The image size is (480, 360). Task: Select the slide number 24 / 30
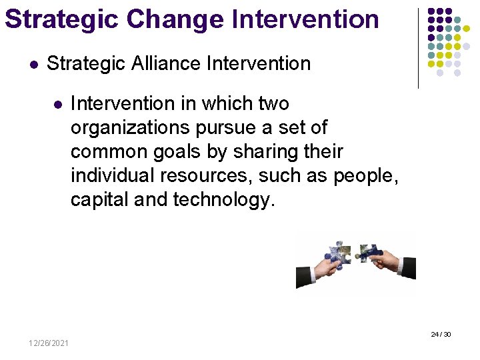coord(441,334)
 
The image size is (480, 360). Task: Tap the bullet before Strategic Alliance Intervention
coord(33,65)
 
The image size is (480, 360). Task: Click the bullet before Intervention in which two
coord(57,105)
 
